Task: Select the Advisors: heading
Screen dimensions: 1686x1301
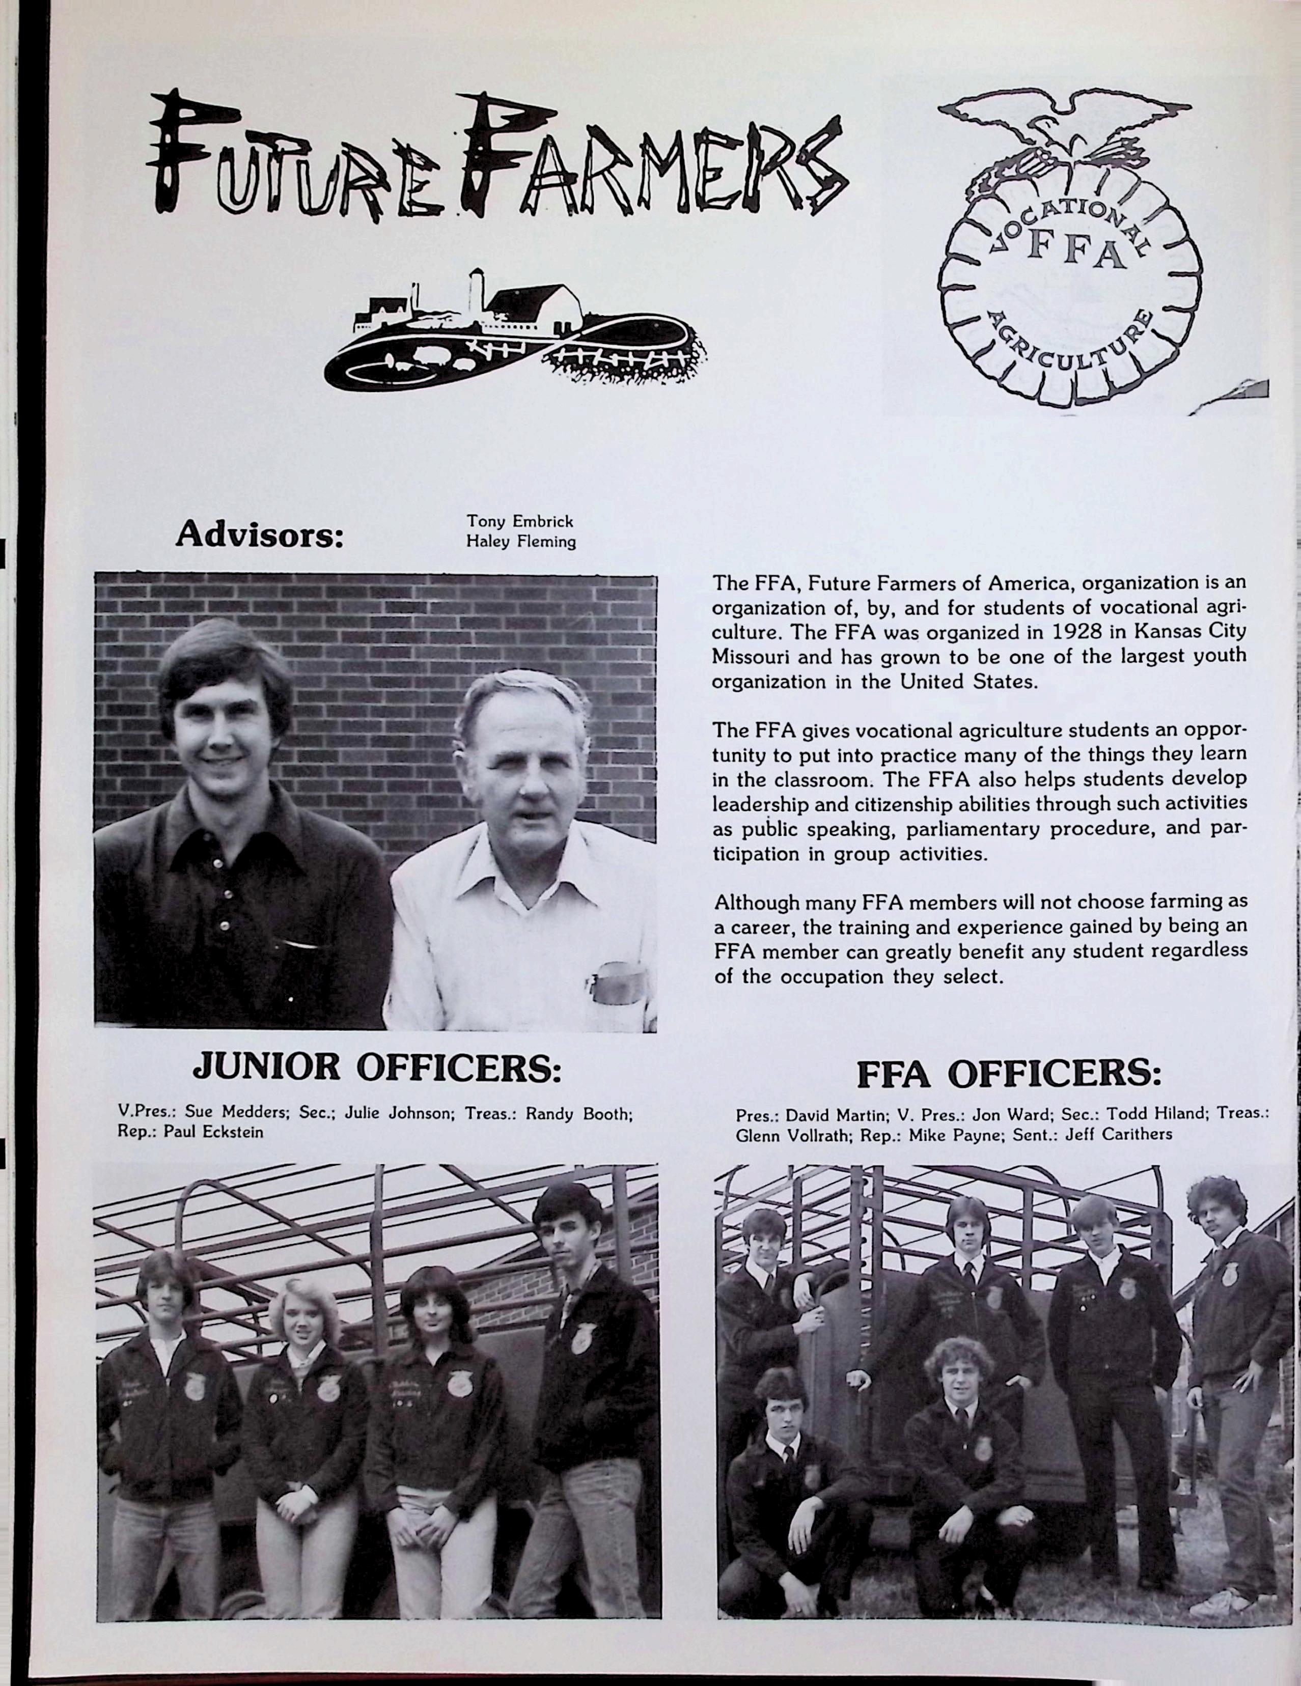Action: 259,534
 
